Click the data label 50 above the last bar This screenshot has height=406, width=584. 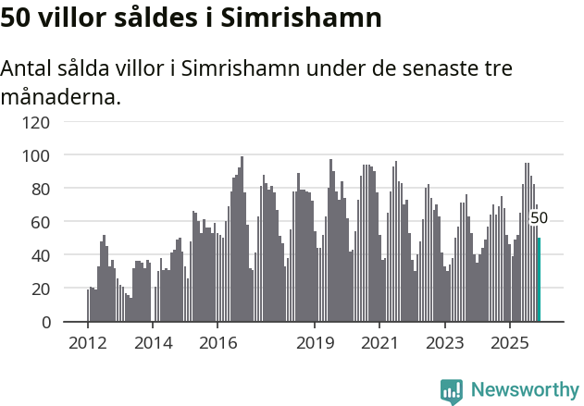pos(539,218)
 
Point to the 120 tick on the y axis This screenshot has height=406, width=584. pos(37,121)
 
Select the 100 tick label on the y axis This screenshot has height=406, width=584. pos(37,154)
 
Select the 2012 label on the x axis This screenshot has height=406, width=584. pos(88,342)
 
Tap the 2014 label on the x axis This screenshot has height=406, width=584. pos(153,342)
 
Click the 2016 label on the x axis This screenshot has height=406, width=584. pos(217,342)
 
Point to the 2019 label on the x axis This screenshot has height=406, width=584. pos(315,342)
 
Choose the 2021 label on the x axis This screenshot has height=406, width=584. pos(379,342)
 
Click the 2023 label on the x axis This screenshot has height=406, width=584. pos(444,342)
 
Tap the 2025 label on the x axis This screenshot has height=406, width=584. pos(509,342)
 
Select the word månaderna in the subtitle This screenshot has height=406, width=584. pos(60,97)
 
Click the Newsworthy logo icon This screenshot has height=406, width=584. pos(452,390)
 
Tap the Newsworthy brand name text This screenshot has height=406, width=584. pos(524,390)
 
